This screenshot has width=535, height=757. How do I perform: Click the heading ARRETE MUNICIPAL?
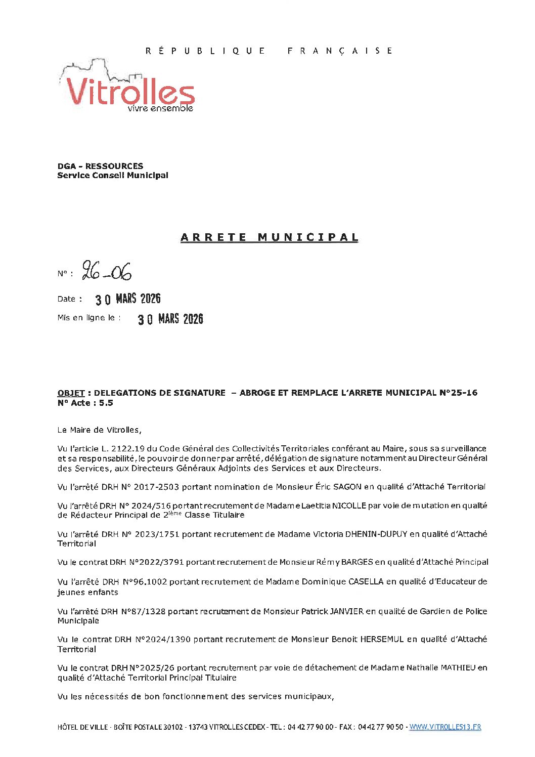(x=270, y=237)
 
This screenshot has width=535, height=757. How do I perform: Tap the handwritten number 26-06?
(x=107, y=272)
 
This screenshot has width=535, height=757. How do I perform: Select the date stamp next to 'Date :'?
(x=128, y=299)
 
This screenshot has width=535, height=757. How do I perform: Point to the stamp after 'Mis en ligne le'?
(x=170, y=319)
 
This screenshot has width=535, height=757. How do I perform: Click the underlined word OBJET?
(x=71, y=393)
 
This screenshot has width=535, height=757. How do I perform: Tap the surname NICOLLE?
(x=349, y=506)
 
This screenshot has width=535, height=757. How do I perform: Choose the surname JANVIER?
(x=347, y=611)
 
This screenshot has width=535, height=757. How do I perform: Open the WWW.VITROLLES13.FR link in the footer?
(x=445, y=727)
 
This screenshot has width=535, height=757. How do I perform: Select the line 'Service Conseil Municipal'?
(x=113, y=176)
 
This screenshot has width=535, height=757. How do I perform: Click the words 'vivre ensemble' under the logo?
(x=160, y=108)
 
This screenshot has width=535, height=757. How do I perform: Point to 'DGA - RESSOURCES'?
(x=100, y=166)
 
